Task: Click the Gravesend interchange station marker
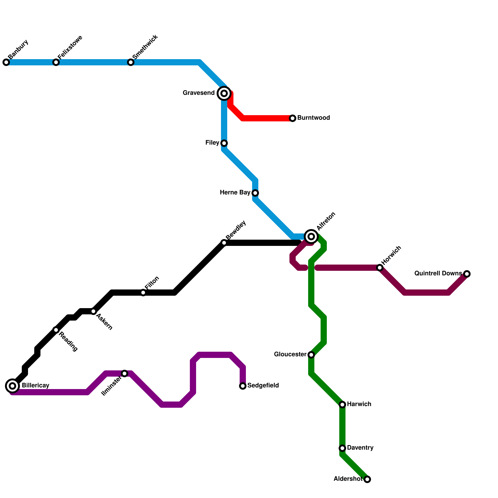point(224,93)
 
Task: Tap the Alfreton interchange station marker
point(311,237)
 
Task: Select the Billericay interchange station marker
point(12,386)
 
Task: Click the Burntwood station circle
point(293,118)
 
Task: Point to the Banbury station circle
point(6,62)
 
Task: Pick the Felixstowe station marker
point(56,62)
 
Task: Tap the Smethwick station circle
point(131,62)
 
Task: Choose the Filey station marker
point(224,143)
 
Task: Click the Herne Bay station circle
point(255,193)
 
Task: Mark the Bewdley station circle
point(224,243)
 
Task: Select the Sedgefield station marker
point(243,386)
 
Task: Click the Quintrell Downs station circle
point(467,274)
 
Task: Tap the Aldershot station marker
point(367,479)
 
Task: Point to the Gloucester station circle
point(311,355)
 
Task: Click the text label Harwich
point(359,404)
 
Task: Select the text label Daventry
point(360,448)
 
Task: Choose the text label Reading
point(68,342)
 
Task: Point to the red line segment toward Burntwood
point(268,118)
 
